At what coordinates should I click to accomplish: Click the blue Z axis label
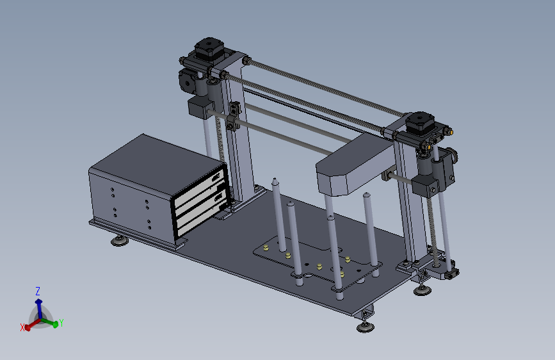click(38, 291)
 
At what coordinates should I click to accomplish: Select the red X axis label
click(22, 328)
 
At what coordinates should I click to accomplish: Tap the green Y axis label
click(61, 323)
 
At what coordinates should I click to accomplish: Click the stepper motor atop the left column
click(209, 49)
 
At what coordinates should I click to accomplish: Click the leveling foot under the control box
click(120, 241)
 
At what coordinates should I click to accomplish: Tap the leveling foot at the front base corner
click(366, 326)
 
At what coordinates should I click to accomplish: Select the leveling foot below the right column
click(422, 290)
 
